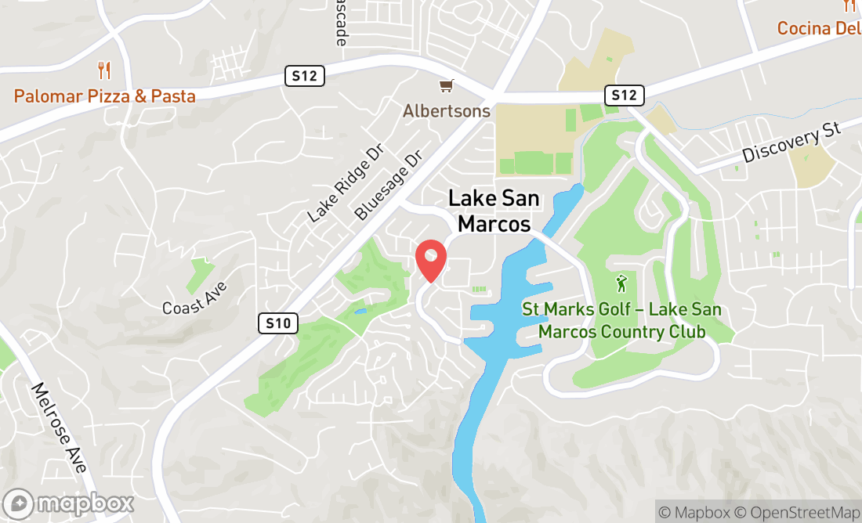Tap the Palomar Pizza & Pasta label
tap(104, 96)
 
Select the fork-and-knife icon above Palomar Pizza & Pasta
tap(104, 70)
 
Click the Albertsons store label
tap(447, 111)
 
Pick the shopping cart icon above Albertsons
tap(446, 85)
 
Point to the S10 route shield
tap(278, 323)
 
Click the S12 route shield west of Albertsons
tap(304, 76)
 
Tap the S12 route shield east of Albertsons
tap(625, 96)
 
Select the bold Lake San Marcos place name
tap(494, 211)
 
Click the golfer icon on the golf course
tap(621, 283)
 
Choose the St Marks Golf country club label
tap(621, 320)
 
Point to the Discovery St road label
tap(791, 141)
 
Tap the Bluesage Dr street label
tap(388, 185)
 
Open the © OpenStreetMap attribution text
tap(795, 513)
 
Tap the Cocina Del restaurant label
tap(818, 29)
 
